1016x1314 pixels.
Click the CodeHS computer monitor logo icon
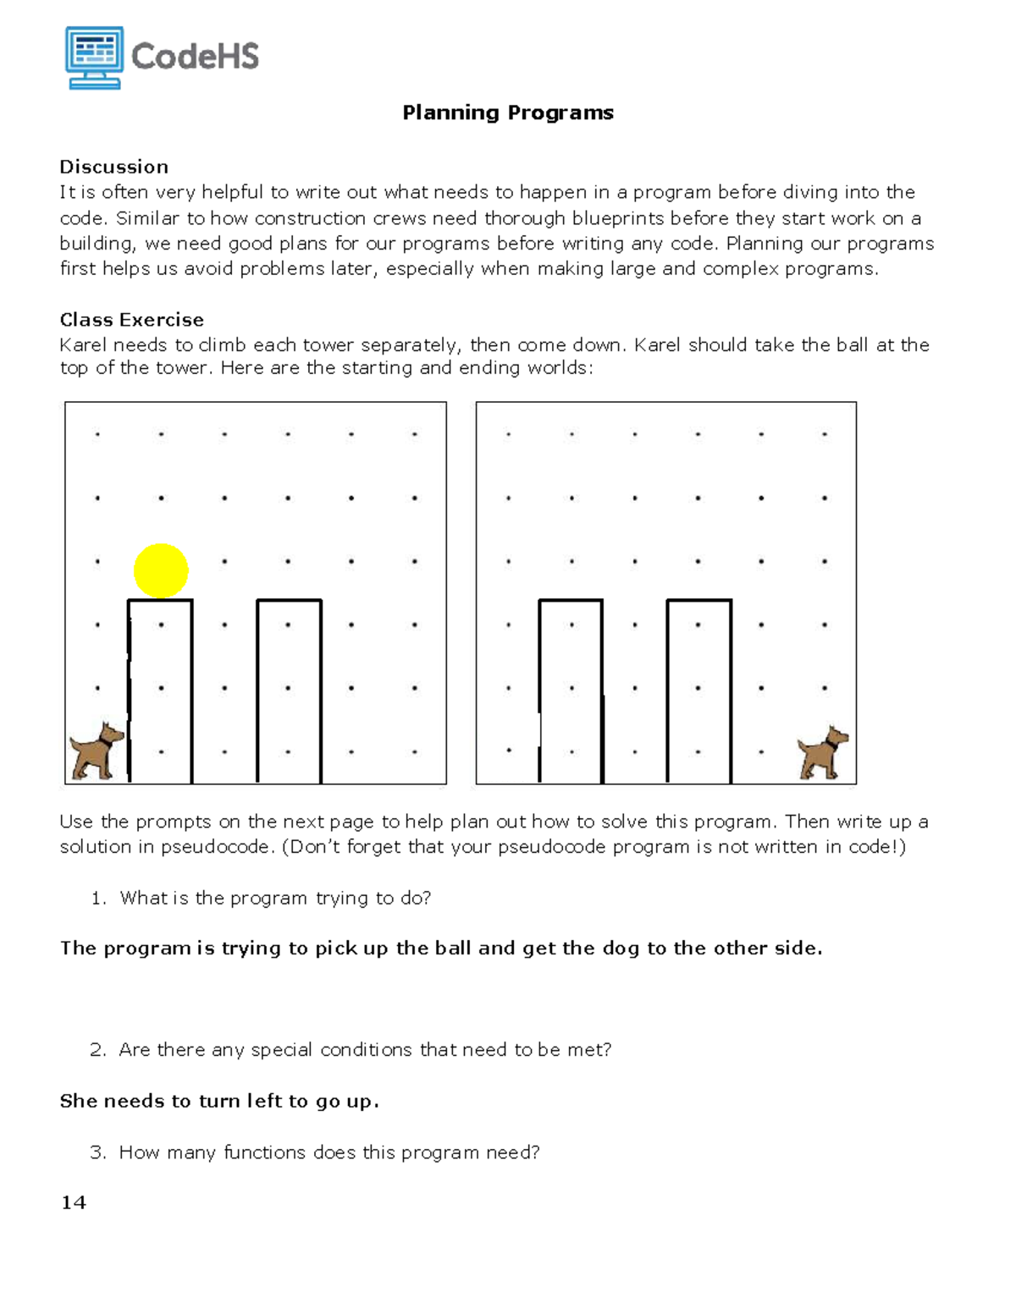pos(94,57)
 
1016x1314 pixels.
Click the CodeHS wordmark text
pos(195,57)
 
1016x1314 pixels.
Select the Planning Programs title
pos(508,113)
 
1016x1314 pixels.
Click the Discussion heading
pos(114,167)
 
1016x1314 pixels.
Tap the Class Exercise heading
pos(131,320)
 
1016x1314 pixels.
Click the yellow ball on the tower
pos(161,571)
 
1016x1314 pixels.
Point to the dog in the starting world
pos(97,750)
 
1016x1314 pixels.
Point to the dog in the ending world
pos(822,752)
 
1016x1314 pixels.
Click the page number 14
pos(74,1202)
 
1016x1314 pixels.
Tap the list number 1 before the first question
pos(97,899)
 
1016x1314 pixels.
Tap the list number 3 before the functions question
pos(97,1152)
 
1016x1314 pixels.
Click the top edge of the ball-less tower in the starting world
pos(289,600)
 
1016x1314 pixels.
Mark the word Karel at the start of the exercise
pos(83,345)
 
